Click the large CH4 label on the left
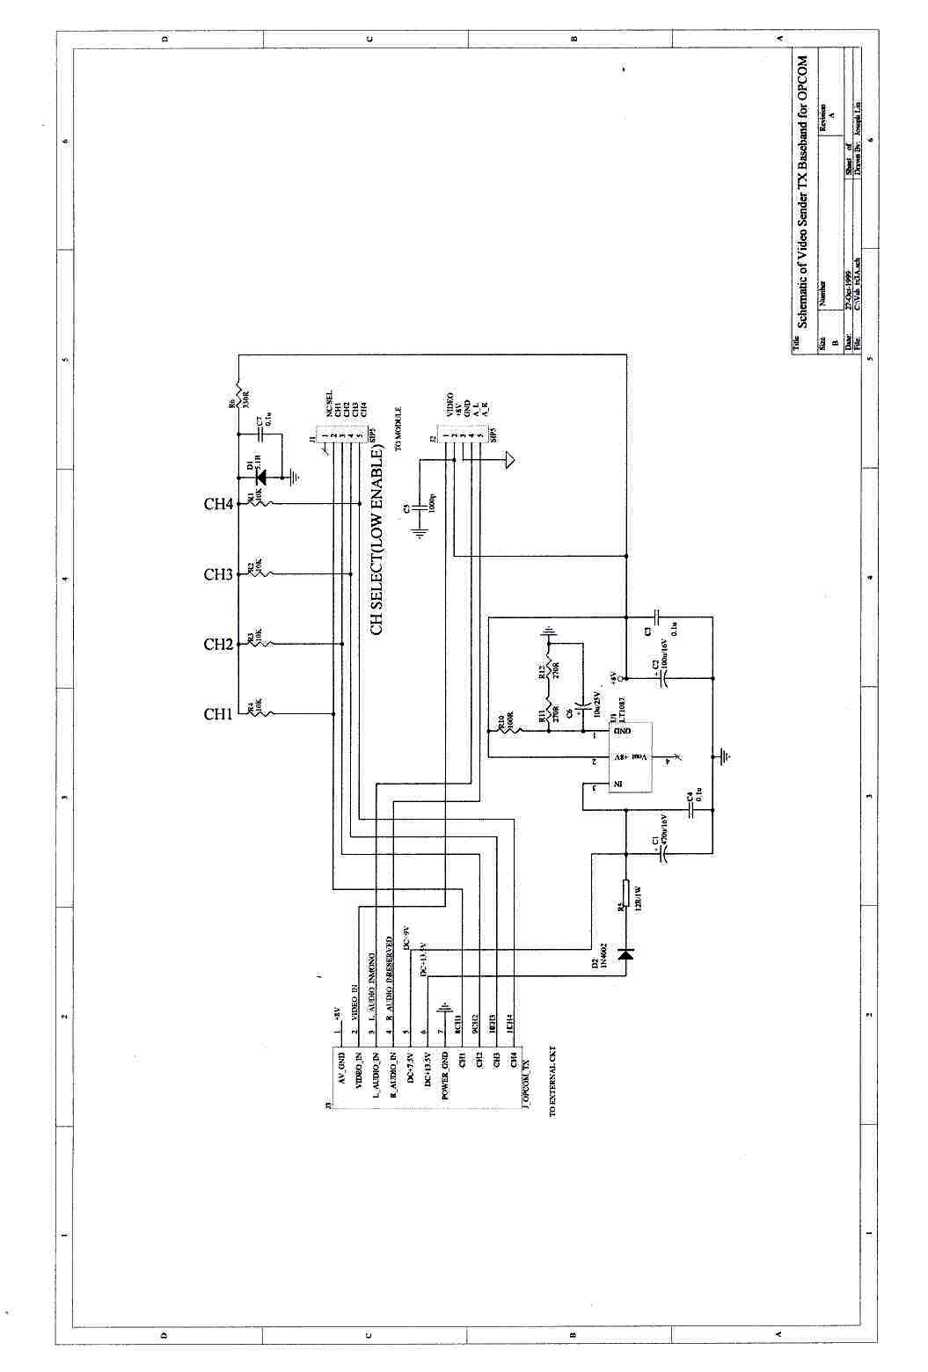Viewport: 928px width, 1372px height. (218, 504)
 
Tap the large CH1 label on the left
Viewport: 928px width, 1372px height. (217, 714)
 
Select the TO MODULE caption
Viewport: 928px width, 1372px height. (398, 428)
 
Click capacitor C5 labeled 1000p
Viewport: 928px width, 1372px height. (421, 508)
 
